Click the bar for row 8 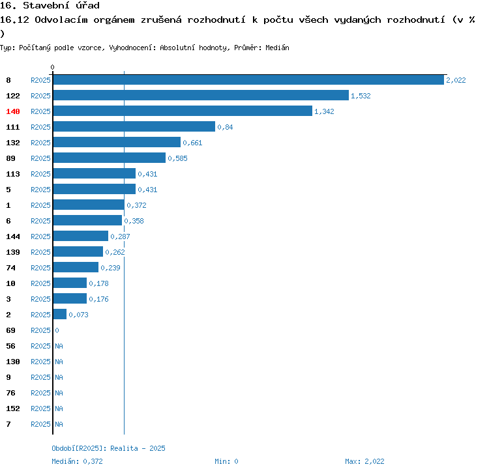248,79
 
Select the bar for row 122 200,95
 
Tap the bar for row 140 182,111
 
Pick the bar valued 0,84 134,126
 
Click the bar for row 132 116,142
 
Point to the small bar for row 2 59,314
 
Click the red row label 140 13,111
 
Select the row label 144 13,236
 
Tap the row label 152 13,408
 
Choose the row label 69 10,330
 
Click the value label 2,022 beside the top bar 456,80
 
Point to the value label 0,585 177,158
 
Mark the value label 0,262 115,252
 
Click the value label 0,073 78,315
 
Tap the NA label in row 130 59,362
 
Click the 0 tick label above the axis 53,67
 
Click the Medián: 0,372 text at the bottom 78,461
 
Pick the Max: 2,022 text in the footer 364,461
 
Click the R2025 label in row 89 40,158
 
